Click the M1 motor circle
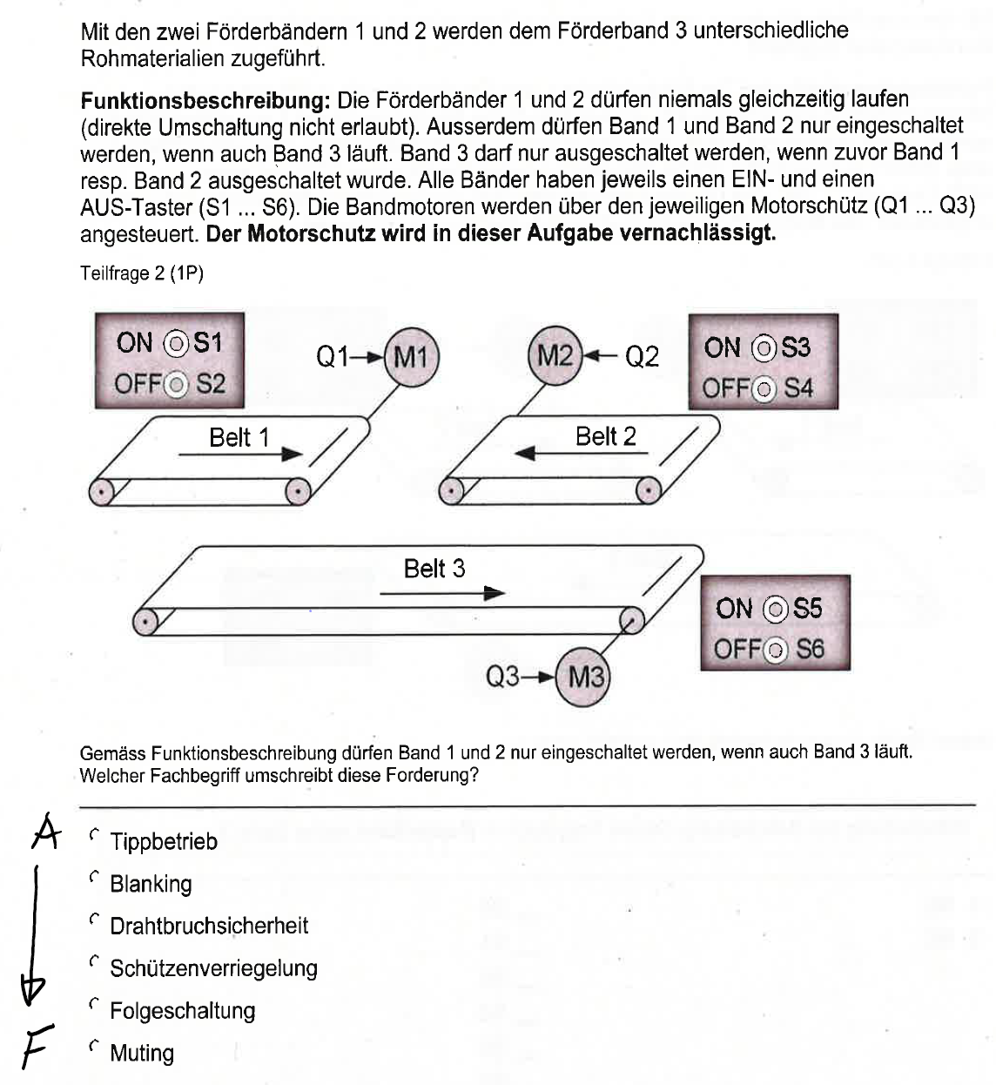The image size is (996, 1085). pyautogui.click(x=411, y=356)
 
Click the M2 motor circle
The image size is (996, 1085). pyautogui.click(x=555, y=356)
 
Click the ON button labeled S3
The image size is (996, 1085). pyautogui.click(x=764, y=348)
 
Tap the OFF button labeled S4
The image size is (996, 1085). pyautogui.click(x=764, y=389)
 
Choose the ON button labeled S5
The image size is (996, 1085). pyautogui.click(x=775, y=609)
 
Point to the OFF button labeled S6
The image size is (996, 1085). pyautogui.click(x=775, y=650)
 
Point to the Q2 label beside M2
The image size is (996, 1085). pyautogui.click(x=642, y=356)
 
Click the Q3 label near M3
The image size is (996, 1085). pyautogui.click(x=503, y=677)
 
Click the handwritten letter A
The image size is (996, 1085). pyautogui.click(x=45, y=832)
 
